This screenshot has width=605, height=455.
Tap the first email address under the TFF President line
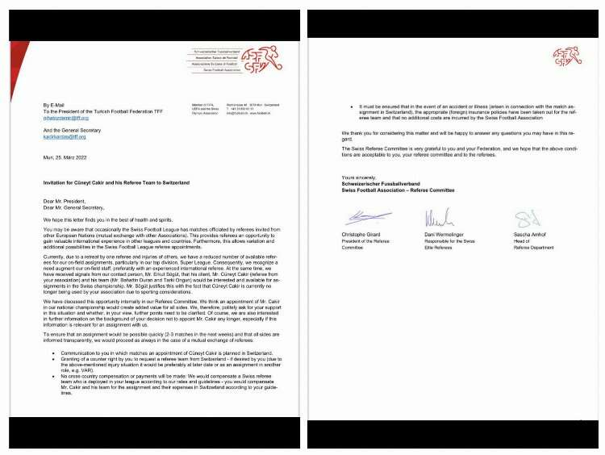tap(66, 118)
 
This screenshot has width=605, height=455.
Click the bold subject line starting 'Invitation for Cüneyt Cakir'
tap(116, 183)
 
